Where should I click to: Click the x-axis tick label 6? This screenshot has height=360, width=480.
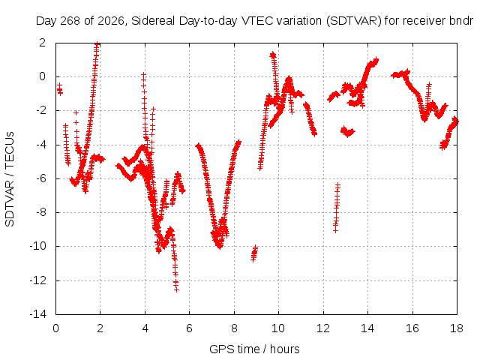189,328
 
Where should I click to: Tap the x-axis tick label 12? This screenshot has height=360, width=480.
323,328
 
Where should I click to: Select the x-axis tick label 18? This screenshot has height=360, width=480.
457,328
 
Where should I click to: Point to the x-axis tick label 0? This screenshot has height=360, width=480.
55,328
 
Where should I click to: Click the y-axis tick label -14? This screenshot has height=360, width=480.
38,314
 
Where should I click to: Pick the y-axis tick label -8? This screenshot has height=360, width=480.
41,212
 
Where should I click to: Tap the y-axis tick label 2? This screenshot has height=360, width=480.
43,43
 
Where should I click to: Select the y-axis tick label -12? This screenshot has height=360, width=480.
38,280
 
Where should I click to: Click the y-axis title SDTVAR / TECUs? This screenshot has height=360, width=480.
10,179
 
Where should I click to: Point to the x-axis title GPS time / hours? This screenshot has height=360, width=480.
254,349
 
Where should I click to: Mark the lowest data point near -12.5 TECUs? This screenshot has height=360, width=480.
176,289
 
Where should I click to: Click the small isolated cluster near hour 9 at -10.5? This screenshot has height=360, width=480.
254,253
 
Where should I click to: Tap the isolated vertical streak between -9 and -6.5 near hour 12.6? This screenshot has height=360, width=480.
337,208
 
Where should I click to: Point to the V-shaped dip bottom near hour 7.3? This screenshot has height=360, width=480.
219,246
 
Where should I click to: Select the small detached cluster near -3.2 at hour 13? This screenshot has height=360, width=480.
348,132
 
